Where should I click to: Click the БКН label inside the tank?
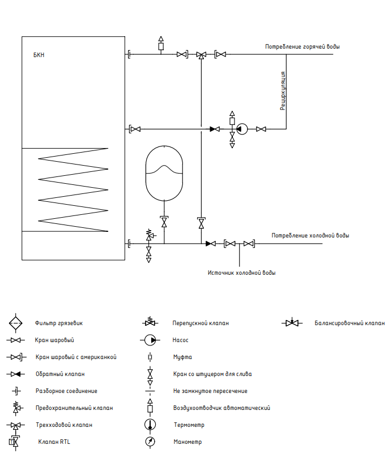tap(39, 55)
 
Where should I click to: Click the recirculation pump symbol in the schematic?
tap(242, 129)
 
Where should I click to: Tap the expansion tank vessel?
tap(164, 173)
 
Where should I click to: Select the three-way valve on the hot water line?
tap(201, 55)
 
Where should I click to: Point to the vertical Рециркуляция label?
tap(283, 91)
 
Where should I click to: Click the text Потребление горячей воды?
tap(302, 46)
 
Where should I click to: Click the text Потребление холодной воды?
tap(310, 235)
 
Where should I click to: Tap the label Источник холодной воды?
tap(242, 273)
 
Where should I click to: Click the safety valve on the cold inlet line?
tap(150, 235)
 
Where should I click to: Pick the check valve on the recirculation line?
tap(215, 129)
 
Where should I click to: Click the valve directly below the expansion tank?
tap(164, 222)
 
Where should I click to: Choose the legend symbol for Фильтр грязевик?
tap(15, 323)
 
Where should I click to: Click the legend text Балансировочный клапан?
tap(350, 323)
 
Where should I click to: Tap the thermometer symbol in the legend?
tap(150, 425)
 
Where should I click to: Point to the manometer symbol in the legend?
tap(150, 442)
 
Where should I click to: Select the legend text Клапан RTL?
tap(54, 442)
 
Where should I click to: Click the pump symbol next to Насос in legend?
tap(151, 340)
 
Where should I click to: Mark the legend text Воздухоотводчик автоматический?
tap(221, 408)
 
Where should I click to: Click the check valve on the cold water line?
tap(211, 243)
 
